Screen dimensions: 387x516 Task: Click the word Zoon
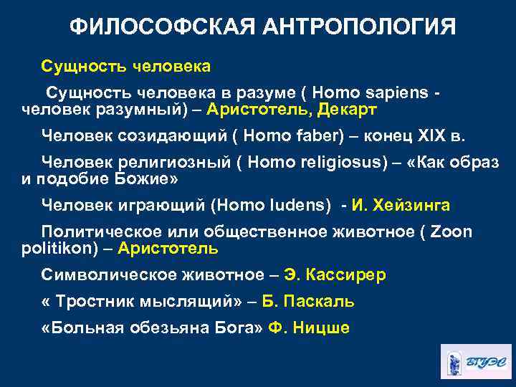click(x=451, y=231)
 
